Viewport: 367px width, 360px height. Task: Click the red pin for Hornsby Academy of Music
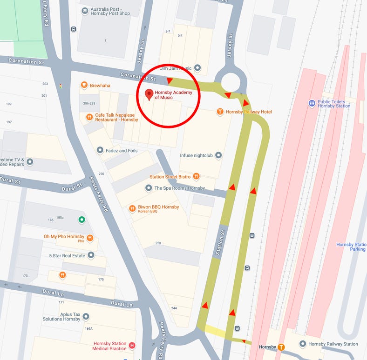149,94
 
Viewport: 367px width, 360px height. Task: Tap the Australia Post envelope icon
85,11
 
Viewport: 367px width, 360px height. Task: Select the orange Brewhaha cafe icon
84,85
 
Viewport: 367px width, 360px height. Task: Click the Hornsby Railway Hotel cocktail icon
220,112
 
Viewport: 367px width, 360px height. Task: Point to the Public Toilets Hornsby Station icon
312,103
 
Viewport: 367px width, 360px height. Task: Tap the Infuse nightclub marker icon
218,155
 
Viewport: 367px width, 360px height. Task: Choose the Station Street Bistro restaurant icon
197,176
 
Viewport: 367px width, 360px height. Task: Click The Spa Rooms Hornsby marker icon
149,188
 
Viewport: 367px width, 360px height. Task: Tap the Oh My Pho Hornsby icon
90,239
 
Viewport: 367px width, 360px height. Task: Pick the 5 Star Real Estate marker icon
91,255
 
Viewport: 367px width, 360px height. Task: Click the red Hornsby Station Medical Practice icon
132,346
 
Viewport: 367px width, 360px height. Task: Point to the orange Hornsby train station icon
281,347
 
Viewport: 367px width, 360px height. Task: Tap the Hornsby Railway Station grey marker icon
303,344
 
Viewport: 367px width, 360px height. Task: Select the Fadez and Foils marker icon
100,150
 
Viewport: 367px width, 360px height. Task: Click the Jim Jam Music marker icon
197,68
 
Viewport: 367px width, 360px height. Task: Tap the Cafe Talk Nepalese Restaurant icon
89,117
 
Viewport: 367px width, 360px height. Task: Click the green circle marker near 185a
82,220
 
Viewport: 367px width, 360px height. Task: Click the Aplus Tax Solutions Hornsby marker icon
86,316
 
